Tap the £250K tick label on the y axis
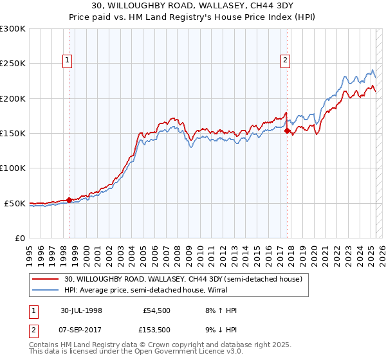13,64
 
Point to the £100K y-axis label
13,168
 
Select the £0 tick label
19,238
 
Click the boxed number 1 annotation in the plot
68,61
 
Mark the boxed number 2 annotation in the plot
285,61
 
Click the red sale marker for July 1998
69,200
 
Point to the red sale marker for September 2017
287,130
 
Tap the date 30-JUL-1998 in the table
81,310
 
